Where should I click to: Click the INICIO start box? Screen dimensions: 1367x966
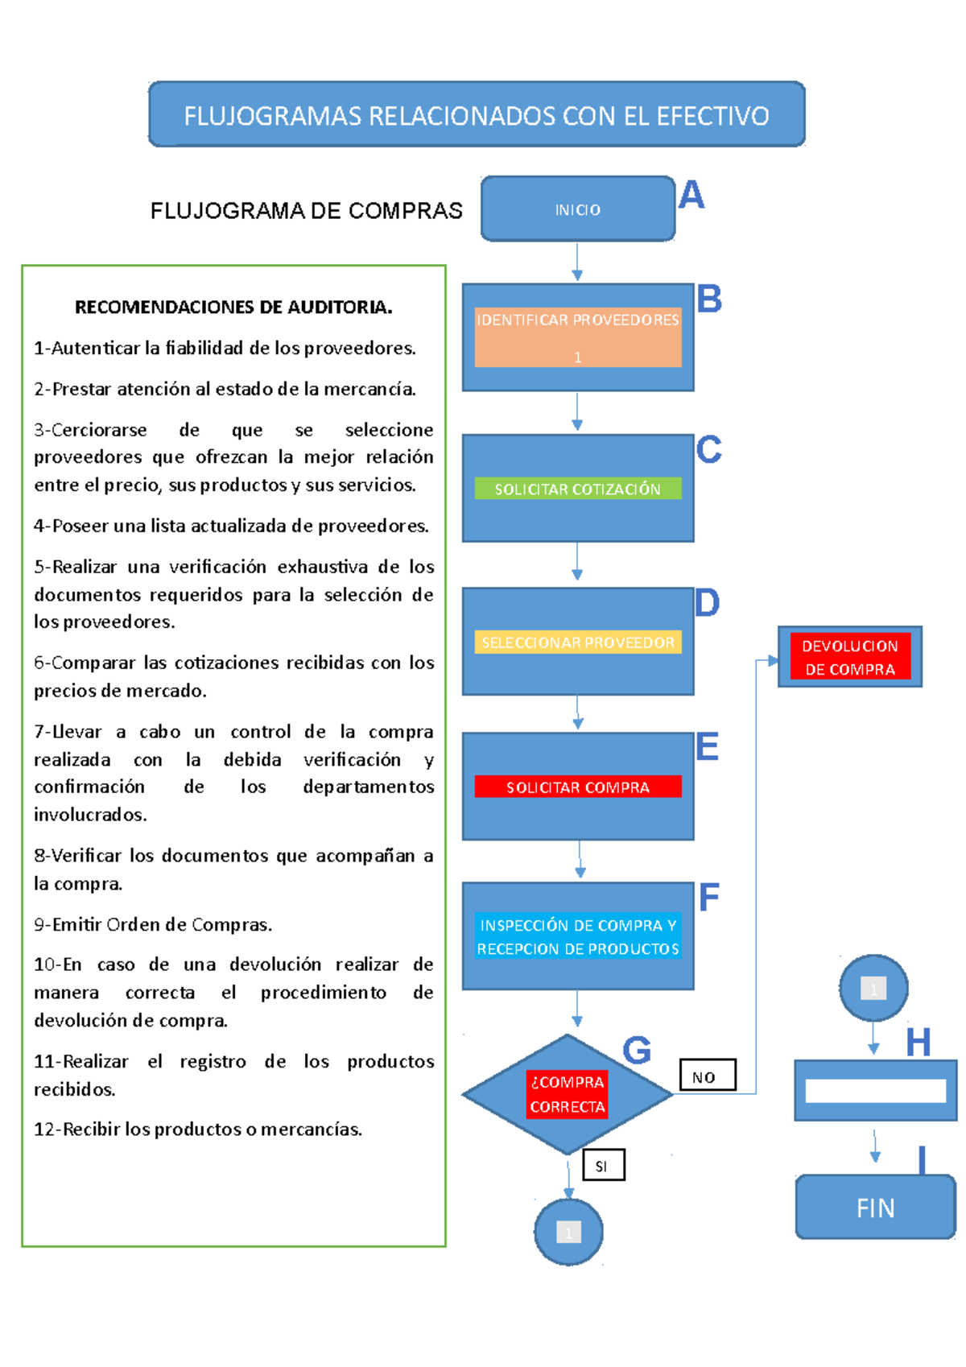[577, 209]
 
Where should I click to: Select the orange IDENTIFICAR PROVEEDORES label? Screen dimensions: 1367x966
[577, 337]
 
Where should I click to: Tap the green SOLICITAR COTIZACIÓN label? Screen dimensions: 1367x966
[577, 489]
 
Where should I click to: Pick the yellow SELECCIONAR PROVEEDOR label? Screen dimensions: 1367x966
[577, 642]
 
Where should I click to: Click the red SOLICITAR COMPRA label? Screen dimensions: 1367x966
[577, 787]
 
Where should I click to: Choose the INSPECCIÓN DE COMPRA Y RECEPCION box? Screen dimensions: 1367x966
[577, 936]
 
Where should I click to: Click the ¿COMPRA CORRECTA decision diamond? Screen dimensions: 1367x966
[567, 1094]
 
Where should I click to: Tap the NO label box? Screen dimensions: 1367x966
[707, 1076]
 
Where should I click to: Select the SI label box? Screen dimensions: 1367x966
[603, 1165]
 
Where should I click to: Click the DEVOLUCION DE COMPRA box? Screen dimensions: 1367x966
[849, 657]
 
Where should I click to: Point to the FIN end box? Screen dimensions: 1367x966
[875, 1207]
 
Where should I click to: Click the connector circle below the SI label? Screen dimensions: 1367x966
[568, 1232]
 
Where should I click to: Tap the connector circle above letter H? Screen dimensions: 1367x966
[873, 988]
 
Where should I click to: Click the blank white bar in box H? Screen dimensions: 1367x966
[875, 1091]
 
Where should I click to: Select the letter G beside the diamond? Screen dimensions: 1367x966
[636, 1050]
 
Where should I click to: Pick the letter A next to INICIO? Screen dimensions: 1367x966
[691, 195]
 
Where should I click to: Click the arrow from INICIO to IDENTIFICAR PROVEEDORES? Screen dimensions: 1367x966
[577, 262]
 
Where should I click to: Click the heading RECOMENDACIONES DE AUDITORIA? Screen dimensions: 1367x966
[233, 307]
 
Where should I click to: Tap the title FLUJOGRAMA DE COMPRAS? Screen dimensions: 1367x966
[306, 211]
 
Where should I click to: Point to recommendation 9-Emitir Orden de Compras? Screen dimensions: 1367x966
[153, 924]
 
